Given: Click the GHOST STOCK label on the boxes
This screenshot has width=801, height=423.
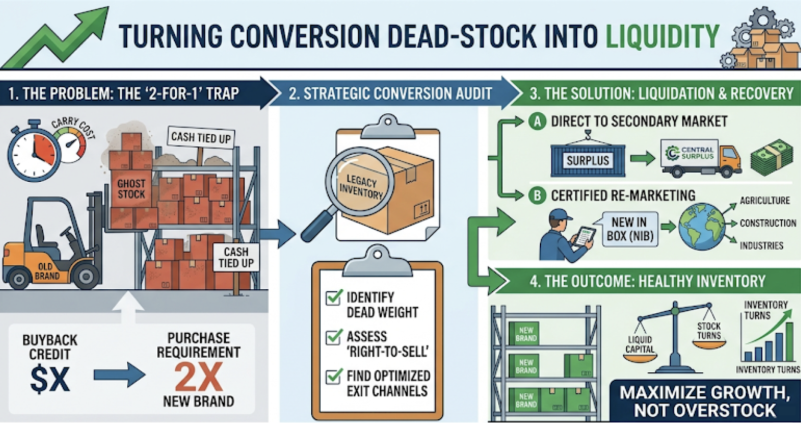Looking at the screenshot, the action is (131, 189).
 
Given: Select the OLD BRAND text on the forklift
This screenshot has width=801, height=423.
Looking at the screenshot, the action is (47, 271).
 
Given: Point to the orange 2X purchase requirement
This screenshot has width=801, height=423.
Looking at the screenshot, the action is (199, 377).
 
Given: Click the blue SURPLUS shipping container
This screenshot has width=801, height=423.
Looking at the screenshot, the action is (588, 160).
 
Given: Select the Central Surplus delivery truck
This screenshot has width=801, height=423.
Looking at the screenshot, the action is (701, 158).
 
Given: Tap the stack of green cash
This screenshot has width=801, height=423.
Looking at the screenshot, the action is (772, 158).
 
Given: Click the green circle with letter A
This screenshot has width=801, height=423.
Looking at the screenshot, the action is (538, 122).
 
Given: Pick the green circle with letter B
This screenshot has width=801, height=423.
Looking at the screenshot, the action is (538, 195).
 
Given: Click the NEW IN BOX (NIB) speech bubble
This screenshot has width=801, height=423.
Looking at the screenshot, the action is (630, 229).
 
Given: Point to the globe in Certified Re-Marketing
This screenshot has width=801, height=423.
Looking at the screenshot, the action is (701, 226).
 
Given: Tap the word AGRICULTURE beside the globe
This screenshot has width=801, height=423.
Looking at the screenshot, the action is (765, 201).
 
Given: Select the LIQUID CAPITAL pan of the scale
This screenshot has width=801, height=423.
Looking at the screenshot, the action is (640, 357).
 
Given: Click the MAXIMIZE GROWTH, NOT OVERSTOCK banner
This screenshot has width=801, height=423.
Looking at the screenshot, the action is (705, 401).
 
